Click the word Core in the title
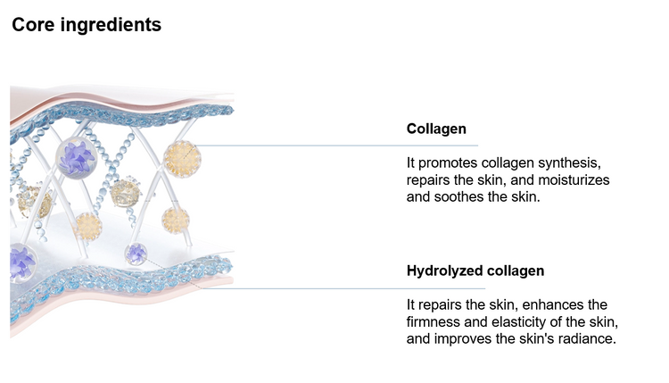click(x=33, y=24)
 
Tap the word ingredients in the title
click(x=111, y=25)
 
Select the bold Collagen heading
click(x=436, y=129)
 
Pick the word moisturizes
click(x=574, y=180)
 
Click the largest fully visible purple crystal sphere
click(x=77, y=157)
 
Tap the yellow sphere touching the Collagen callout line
click(x=182, y=159)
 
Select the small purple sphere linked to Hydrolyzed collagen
click(x=136, y=254)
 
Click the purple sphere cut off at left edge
click(x=21, y=262)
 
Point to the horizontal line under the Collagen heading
click(x=337, y=146)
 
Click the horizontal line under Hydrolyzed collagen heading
click(x=343, y=288)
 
